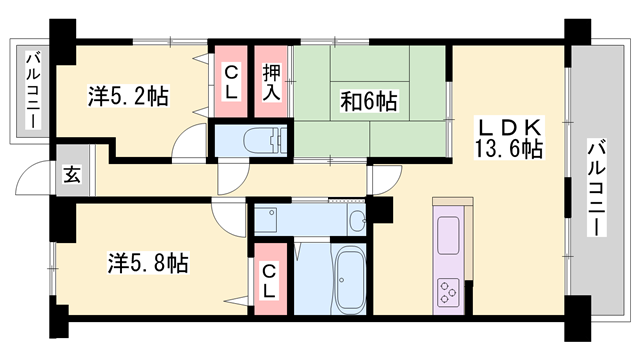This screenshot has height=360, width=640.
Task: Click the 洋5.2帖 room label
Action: (x=128, y=97)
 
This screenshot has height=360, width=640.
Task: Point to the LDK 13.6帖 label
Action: (x=509, y=138)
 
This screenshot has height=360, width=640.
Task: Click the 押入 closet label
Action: (x=271, y=79)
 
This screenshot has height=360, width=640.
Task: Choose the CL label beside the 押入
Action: (x=230, y=79)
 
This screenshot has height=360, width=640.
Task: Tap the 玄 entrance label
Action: (x=73, y=174)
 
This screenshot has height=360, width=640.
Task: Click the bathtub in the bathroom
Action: (x=349, y=280)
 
